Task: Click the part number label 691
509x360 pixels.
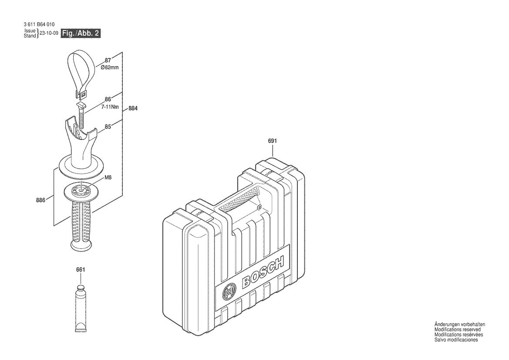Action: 273,141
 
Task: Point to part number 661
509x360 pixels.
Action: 80,270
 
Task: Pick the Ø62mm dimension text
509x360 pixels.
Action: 110,68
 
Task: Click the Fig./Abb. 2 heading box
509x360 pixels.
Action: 81,33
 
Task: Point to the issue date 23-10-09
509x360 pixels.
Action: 49,33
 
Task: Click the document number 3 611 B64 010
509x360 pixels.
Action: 39,24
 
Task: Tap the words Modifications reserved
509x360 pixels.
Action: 457,329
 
